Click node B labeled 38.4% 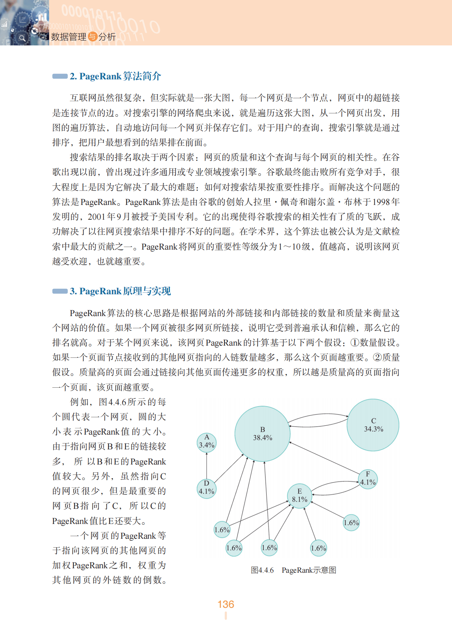(262, 434)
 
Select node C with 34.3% (373, 425)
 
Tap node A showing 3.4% (206, 442)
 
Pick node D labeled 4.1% (206, 488)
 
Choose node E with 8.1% (299, 496)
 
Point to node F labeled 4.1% (368, 479)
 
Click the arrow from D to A (206, 465)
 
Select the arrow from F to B (325, 458)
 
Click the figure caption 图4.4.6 (262, 570)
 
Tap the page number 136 (226, 604)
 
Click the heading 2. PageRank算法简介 (115, 76)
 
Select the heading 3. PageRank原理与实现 (120, 291)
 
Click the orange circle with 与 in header (92, 37)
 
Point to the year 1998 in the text (381, 202)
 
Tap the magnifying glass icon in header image (22, 38)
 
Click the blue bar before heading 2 (59, 76)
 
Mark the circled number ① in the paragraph (355, 343)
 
